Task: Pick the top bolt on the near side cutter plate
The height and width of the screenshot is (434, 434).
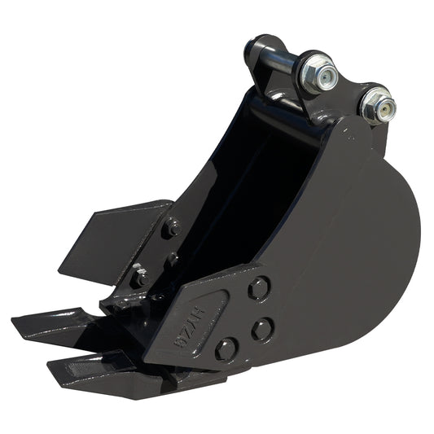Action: (259, 287)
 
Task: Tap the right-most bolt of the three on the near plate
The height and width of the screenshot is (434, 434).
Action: (262, 329)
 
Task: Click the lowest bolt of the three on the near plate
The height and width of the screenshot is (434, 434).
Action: (226, 349)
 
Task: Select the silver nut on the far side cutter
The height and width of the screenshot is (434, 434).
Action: (141, 275)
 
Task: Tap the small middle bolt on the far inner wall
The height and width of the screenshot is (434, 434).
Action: (173, 260)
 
